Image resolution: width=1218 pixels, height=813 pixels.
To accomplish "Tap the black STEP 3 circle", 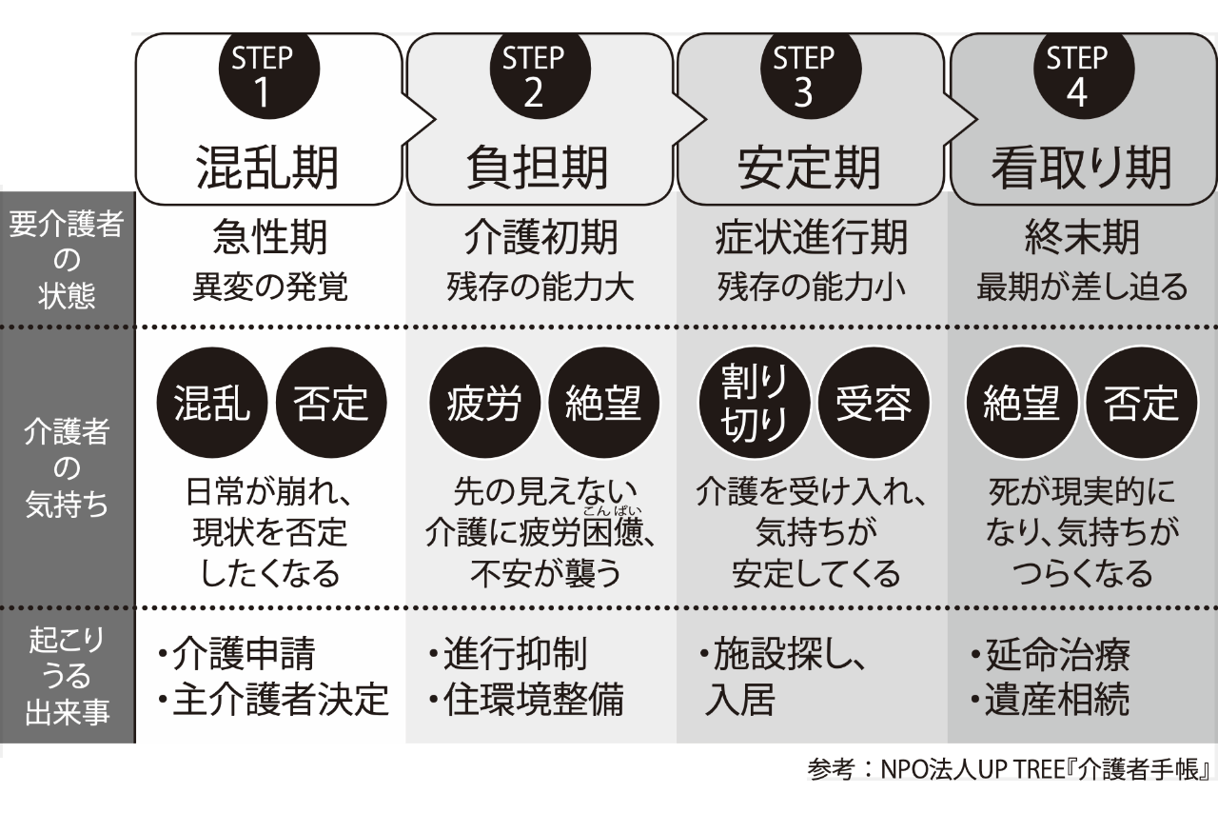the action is (x=803, y=73).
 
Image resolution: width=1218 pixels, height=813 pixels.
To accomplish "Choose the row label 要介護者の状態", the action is (x=67, y=258).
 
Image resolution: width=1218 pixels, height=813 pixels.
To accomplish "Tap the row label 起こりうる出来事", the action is (x=67, y=677).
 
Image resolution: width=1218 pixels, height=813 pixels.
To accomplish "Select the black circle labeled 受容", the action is (x=872, y=405).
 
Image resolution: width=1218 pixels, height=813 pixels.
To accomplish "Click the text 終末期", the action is (x=1081, y=239).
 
